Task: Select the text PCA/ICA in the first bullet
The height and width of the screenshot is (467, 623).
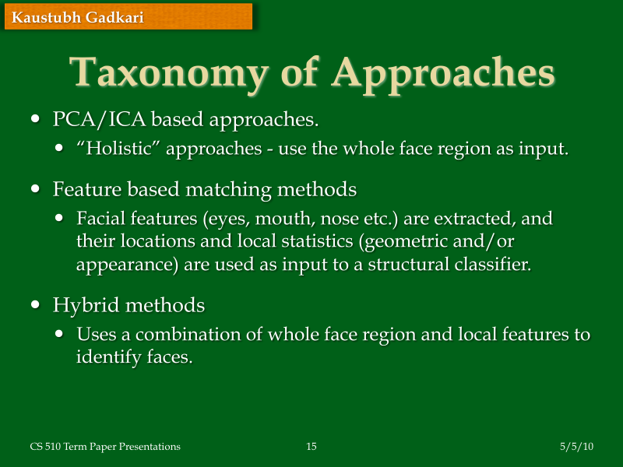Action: point(99,121)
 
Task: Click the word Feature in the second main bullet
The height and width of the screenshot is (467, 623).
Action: point(83,189)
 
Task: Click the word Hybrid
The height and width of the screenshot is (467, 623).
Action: point(81,305)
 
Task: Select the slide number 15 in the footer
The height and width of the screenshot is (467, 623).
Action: point(311,447)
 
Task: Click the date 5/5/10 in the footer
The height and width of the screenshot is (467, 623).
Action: point(577,447)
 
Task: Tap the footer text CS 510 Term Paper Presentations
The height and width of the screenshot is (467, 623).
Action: point(105,447)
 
